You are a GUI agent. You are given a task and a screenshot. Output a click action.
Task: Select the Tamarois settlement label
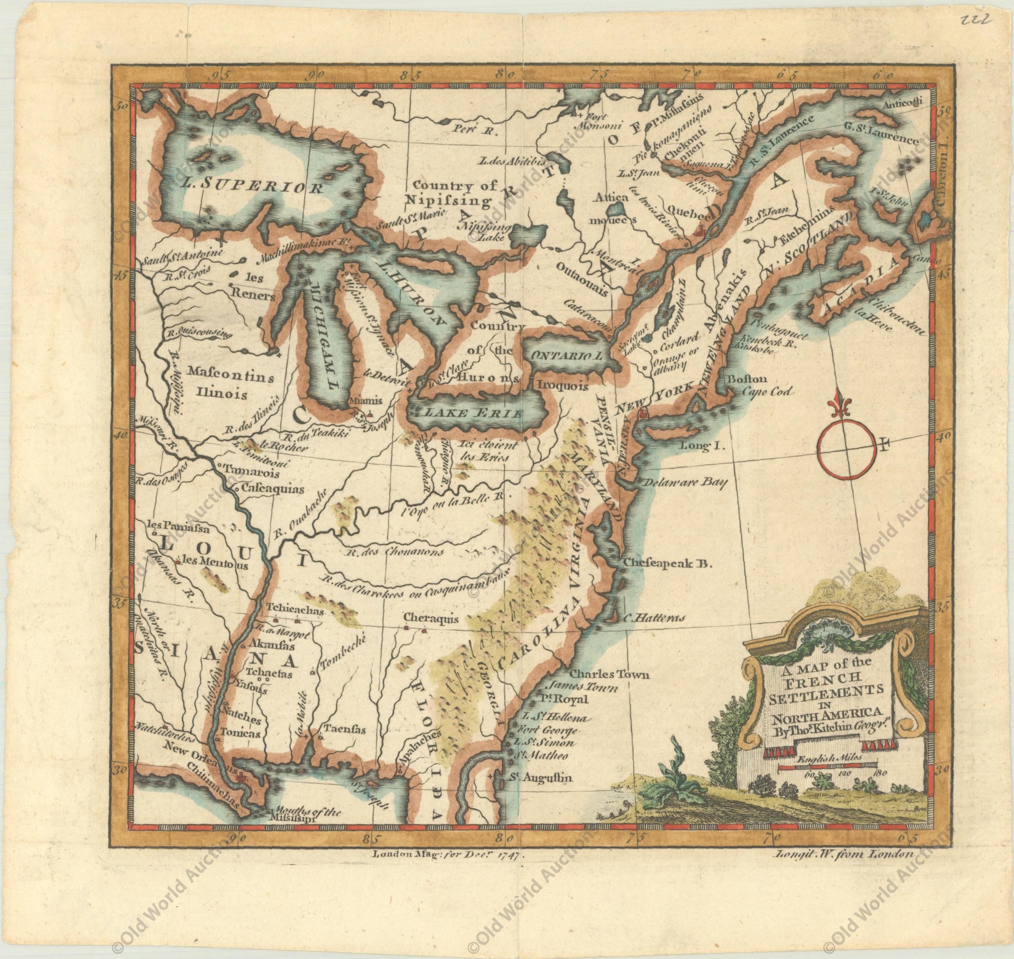[243, 467]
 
